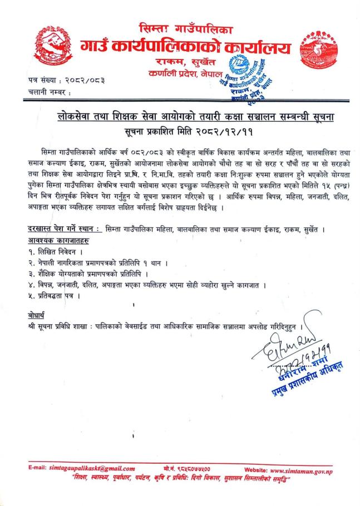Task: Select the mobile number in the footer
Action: [194, 468]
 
